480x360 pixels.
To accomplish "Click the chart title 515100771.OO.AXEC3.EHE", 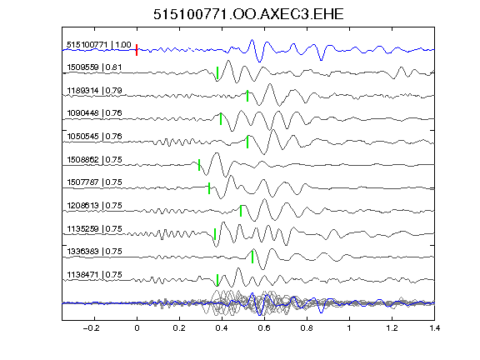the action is click(x=248, y=14).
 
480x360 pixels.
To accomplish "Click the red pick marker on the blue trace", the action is click(x=137, y=50).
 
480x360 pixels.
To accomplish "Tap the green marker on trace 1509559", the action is click(x=217, y=72).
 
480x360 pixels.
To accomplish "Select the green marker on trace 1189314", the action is click(x=247, y=96).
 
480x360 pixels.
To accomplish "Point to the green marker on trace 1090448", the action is click(x=221, y=119).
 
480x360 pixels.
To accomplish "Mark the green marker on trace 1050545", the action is click(x=247, y=142).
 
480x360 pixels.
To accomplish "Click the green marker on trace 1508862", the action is click(x=199, y=165).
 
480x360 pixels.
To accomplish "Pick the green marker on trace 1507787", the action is click(x=209, y=188).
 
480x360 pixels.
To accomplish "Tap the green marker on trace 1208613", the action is click(x=241, y=211).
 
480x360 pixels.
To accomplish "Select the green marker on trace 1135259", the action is click(x=215, y=234).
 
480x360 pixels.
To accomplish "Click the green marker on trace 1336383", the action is click(x=252, y=257).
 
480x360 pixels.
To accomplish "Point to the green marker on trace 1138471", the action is click(x=217, y=280).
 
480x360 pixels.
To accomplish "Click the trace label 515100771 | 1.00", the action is click(x=99, y=45).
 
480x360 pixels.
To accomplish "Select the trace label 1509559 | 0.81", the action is click(x=94, y=67).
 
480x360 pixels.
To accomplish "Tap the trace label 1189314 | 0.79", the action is click(x=94, y=91).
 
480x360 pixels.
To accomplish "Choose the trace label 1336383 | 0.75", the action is click(x=94, y=252).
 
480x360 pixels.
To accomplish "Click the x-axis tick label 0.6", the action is click(x=264, y=328).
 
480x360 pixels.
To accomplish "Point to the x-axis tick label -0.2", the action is click(x=92, y=328).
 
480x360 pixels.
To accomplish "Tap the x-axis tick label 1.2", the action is click(x=392, y=328).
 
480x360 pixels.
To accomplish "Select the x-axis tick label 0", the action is click(x=137, y=328).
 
